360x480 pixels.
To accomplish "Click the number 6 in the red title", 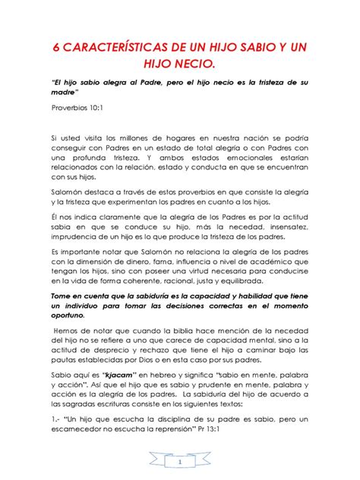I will (55, 48).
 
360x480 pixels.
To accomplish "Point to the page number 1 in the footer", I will (180, 461).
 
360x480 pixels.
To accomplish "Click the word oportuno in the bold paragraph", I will (74, 315).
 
